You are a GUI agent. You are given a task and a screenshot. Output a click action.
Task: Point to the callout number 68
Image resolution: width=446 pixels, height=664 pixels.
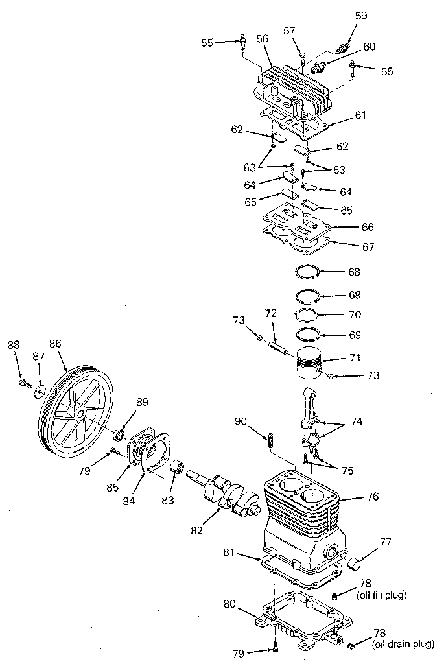[354, 272]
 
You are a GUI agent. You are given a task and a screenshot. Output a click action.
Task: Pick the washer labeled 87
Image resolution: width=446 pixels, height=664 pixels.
[40, 391]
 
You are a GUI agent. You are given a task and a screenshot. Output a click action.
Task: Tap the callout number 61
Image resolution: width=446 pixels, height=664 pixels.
[360, 115]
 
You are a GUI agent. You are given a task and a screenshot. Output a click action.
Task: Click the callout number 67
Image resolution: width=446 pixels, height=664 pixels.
[368, 247]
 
